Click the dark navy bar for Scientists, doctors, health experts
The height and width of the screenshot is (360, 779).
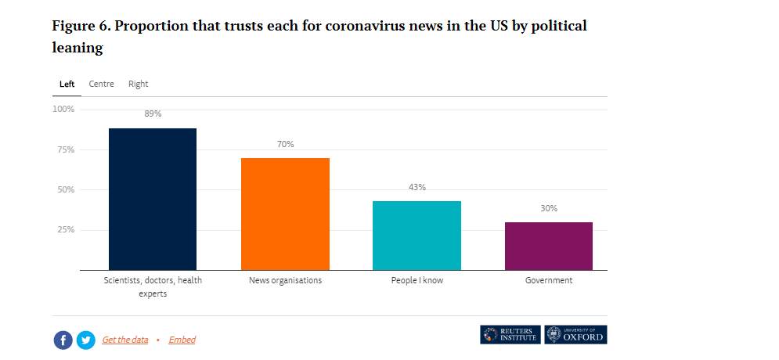[153, 199]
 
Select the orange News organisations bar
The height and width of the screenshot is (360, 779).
[285, 214]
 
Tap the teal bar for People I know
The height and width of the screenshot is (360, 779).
[417, 235]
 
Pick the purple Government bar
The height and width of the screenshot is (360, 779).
[548, 246]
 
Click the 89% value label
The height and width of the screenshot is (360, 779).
[153, 113]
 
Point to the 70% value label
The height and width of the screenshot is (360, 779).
[285, 144]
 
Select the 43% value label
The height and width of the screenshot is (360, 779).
[417, 187]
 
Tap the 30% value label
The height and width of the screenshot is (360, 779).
[548, 208]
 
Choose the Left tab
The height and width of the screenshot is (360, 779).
[67, 84]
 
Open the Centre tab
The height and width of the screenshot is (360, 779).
[101, 84]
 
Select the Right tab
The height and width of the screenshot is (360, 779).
[138, 84]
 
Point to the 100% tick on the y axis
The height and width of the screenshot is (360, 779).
[63, 109]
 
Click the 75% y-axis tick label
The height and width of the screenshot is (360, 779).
[66, 149]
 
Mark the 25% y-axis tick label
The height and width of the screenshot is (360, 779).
[66, 229]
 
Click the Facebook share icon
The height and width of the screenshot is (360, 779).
[63, 340]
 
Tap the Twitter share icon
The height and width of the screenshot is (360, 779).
[85, 340]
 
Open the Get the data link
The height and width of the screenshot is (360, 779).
[124, 340]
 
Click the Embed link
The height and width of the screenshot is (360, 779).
[182, 340]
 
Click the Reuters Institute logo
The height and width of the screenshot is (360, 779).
[510, 334]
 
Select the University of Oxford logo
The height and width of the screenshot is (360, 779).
[575, 334]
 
